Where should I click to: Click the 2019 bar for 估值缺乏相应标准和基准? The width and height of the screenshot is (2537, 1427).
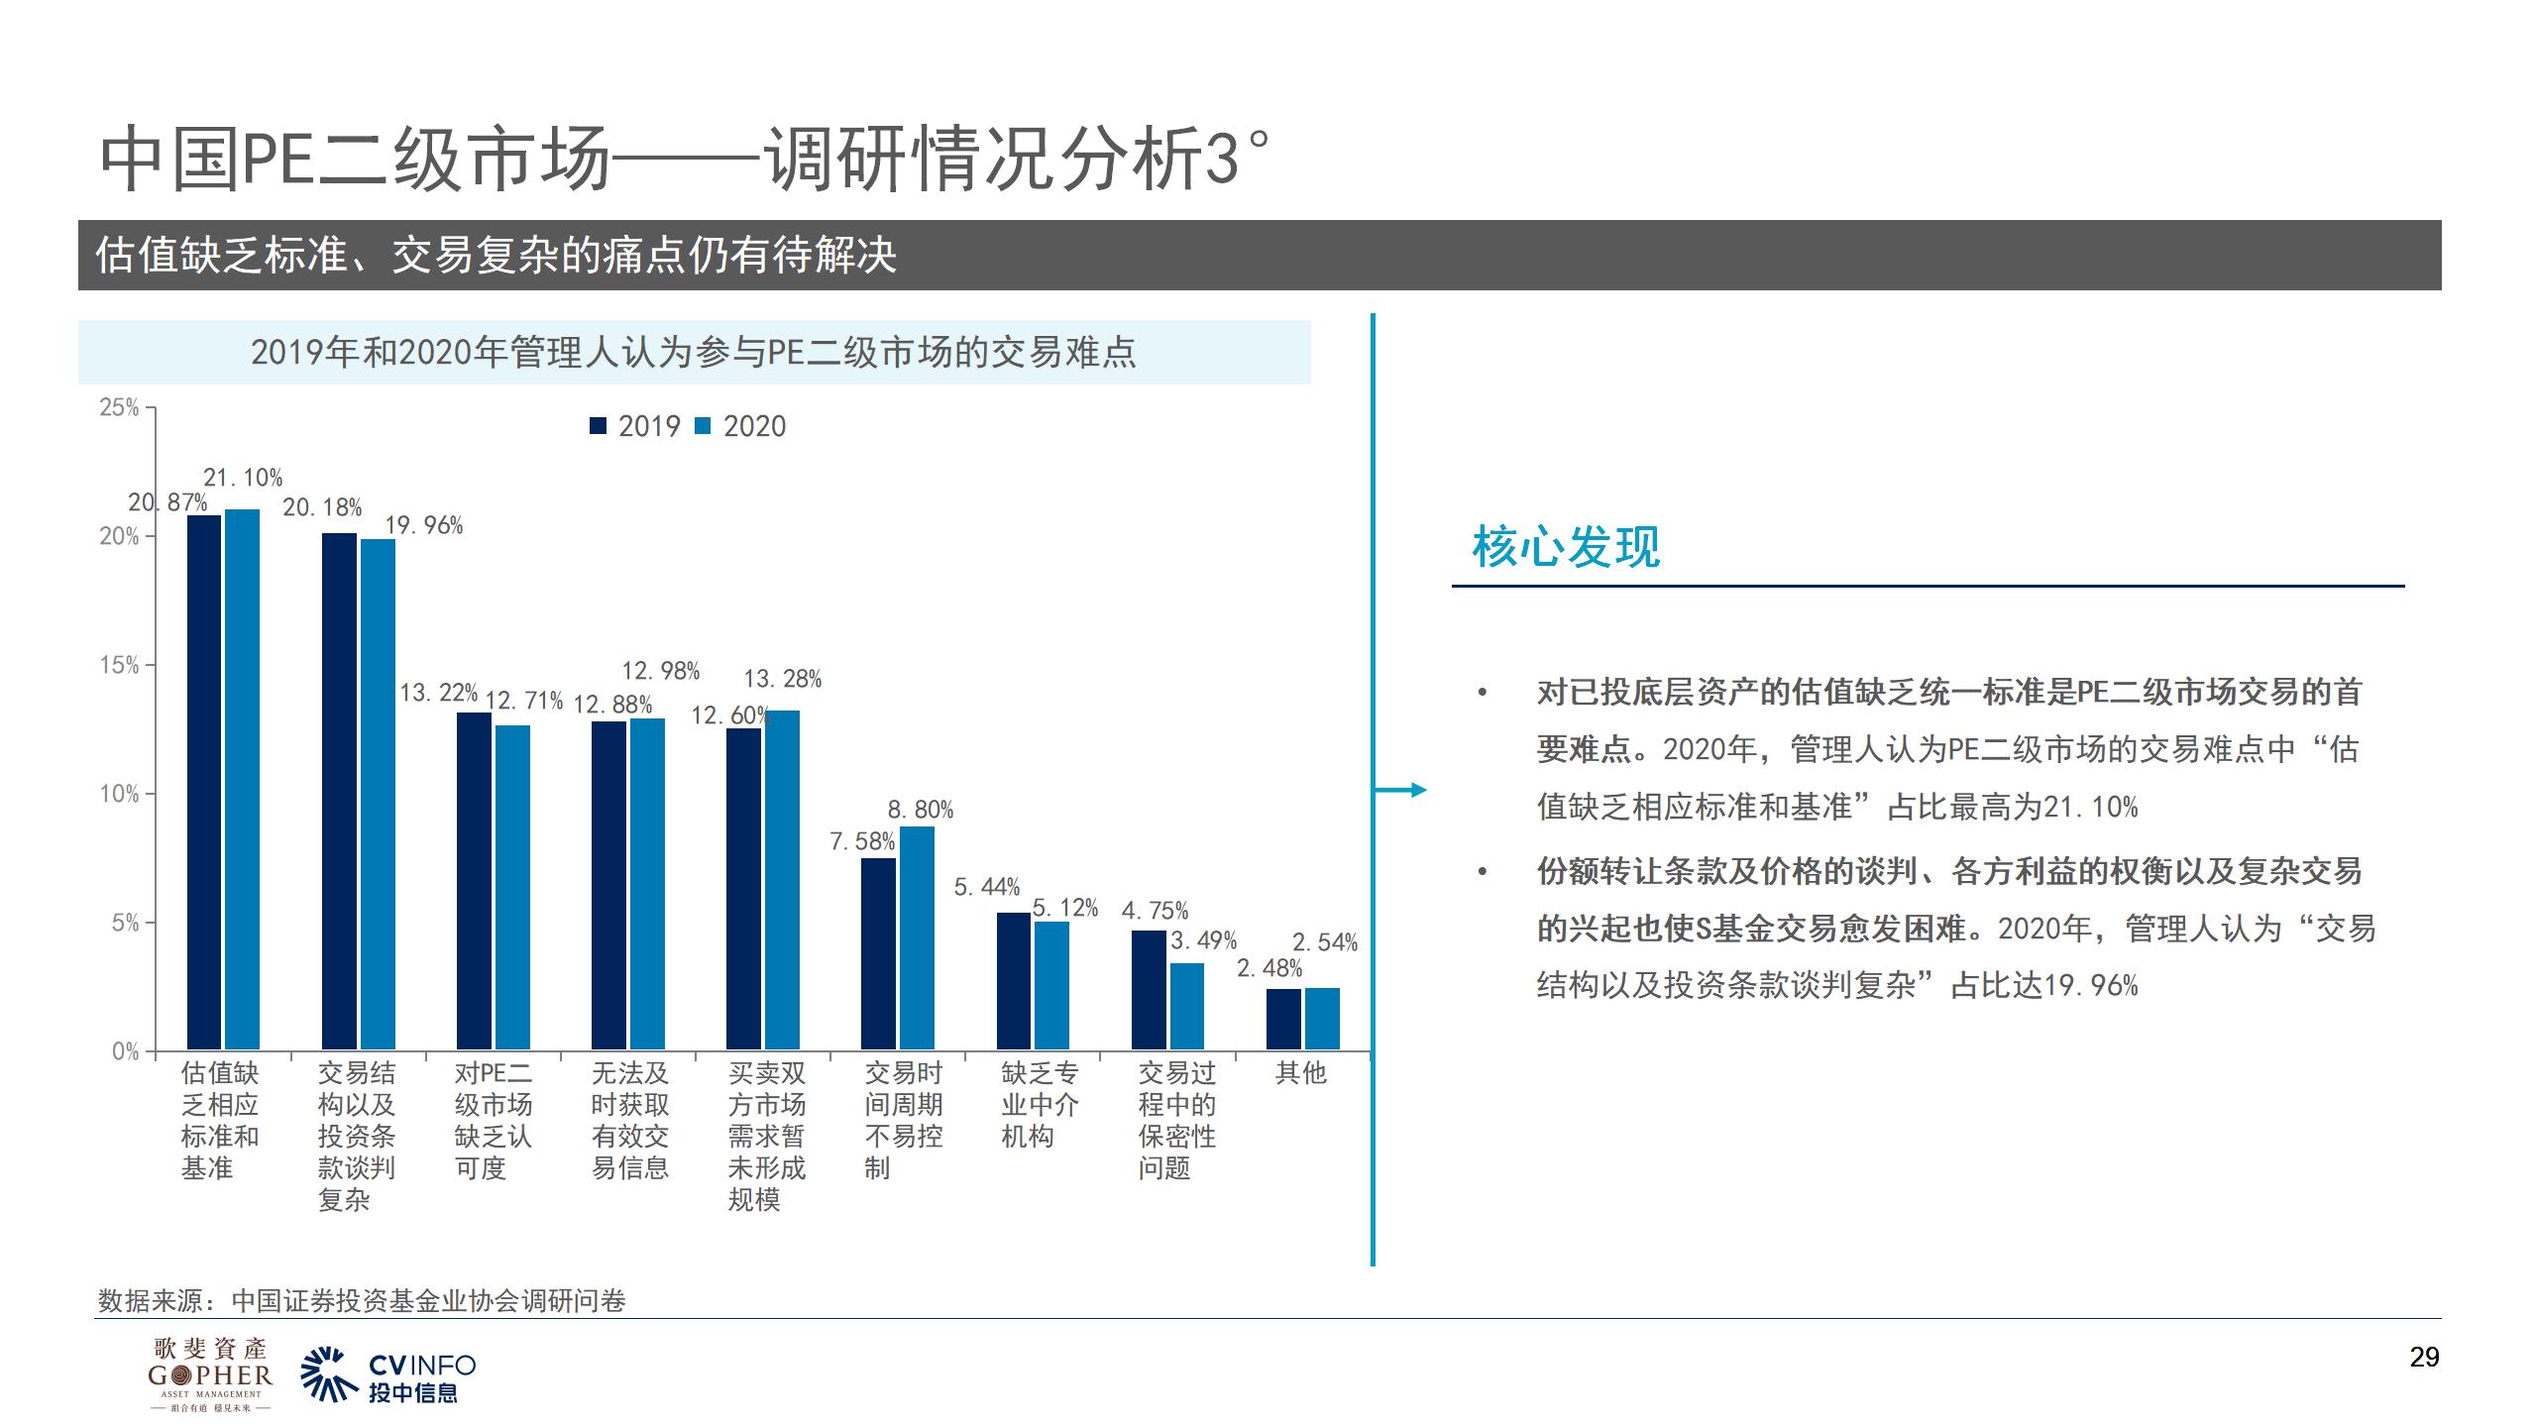click(204, 783)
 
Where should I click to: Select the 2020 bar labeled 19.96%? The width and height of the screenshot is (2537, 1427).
click(378, 794)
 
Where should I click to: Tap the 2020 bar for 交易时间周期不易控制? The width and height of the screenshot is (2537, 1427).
click(917, 937)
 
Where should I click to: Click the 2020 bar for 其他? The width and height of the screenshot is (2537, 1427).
click(1322, 1019)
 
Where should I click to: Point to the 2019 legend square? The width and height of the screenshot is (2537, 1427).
click(598, 426)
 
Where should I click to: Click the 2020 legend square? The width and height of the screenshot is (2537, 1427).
click(703, 426)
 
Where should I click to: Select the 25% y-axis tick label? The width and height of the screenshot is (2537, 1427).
click(120, 407)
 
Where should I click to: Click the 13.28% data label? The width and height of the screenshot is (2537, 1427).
click(783, 679)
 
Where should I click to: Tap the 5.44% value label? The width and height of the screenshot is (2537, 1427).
click(986, 887)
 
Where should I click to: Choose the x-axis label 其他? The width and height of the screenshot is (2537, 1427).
click(1300, 1072)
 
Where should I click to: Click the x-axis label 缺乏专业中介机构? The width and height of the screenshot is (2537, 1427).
click(1039, 1104)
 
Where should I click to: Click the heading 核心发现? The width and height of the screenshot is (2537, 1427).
click(1566, 547)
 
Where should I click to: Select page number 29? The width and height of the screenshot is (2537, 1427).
click(2423, 1358)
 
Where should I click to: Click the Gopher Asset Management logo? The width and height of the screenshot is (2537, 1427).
click(210, 1373)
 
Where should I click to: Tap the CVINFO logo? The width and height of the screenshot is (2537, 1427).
click(388, 1375)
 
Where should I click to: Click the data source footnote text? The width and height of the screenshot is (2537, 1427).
click(362, 1300)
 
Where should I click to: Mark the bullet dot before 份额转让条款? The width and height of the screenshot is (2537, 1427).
click(1483, 872)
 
